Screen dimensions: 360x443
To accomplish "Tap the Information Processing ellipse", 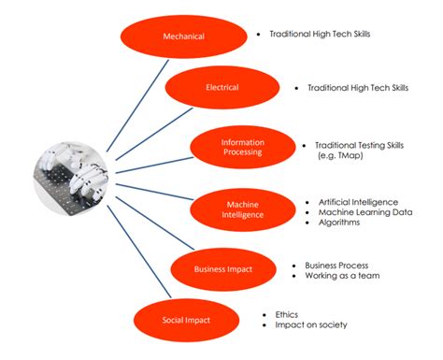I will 242,148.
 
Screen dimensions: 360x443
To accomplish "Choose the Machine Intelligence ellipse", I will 242,209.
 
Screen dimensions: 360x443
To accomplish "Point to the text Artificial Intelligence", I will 358,202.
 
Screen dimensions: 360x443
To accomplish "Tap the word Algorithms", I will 339,223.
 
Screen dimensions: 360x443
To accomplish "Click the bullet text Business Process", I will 336,265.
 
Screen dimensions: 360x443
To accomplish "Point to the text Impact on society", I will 310,325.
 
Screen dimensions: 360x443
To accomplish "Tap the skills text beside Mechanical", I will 320,33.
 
